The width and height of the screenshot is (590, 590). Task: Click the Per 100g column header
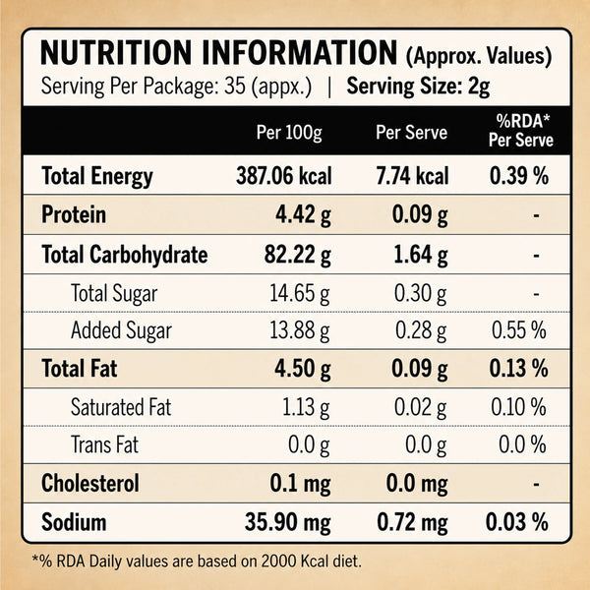(289, 133)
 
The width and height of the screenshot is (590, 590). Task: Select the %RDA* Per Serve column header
(521, 131)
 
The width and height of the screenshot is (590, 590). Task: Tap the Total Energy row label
(97, 176)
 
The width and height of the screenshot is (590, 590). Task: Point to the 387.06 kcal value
(284, 176)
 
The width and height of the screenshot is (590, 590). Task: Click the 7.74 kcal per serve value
(413, 176)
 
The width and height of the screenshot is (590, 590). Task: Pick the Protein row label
(74, 214)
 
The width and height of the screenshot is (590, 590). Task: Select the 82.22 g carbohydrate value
(298, 255)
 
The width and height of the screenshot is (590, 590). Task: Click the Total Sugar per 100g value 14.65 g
(300, 293)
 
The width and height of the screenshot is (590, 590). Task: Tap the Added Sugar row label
(121, 330)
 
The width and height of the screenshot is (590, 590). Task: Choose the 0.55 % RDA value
(519, 330)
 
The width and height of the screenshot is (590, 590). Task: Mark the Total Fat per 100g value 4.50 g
(303, 369)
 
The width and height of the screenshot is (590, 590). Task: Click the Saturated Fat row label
(121, 407)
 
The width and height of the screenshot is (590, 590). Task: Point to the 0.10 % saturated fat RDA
(518, 407)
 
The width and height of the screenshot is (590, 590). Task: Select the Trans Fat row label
(104, 444)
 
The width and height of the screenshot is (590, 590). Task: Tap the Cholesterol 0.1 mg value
(300, 484)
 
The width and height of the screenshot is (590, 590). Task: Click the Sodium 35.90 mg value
(288, 523)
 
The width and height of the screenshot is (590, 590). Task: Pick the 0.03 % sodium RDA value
(516, 522)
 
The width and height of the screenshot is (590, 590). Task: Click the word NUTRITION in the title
(116, 53)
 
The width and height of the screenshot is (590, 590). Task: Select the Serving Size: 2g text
(418, 87)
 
